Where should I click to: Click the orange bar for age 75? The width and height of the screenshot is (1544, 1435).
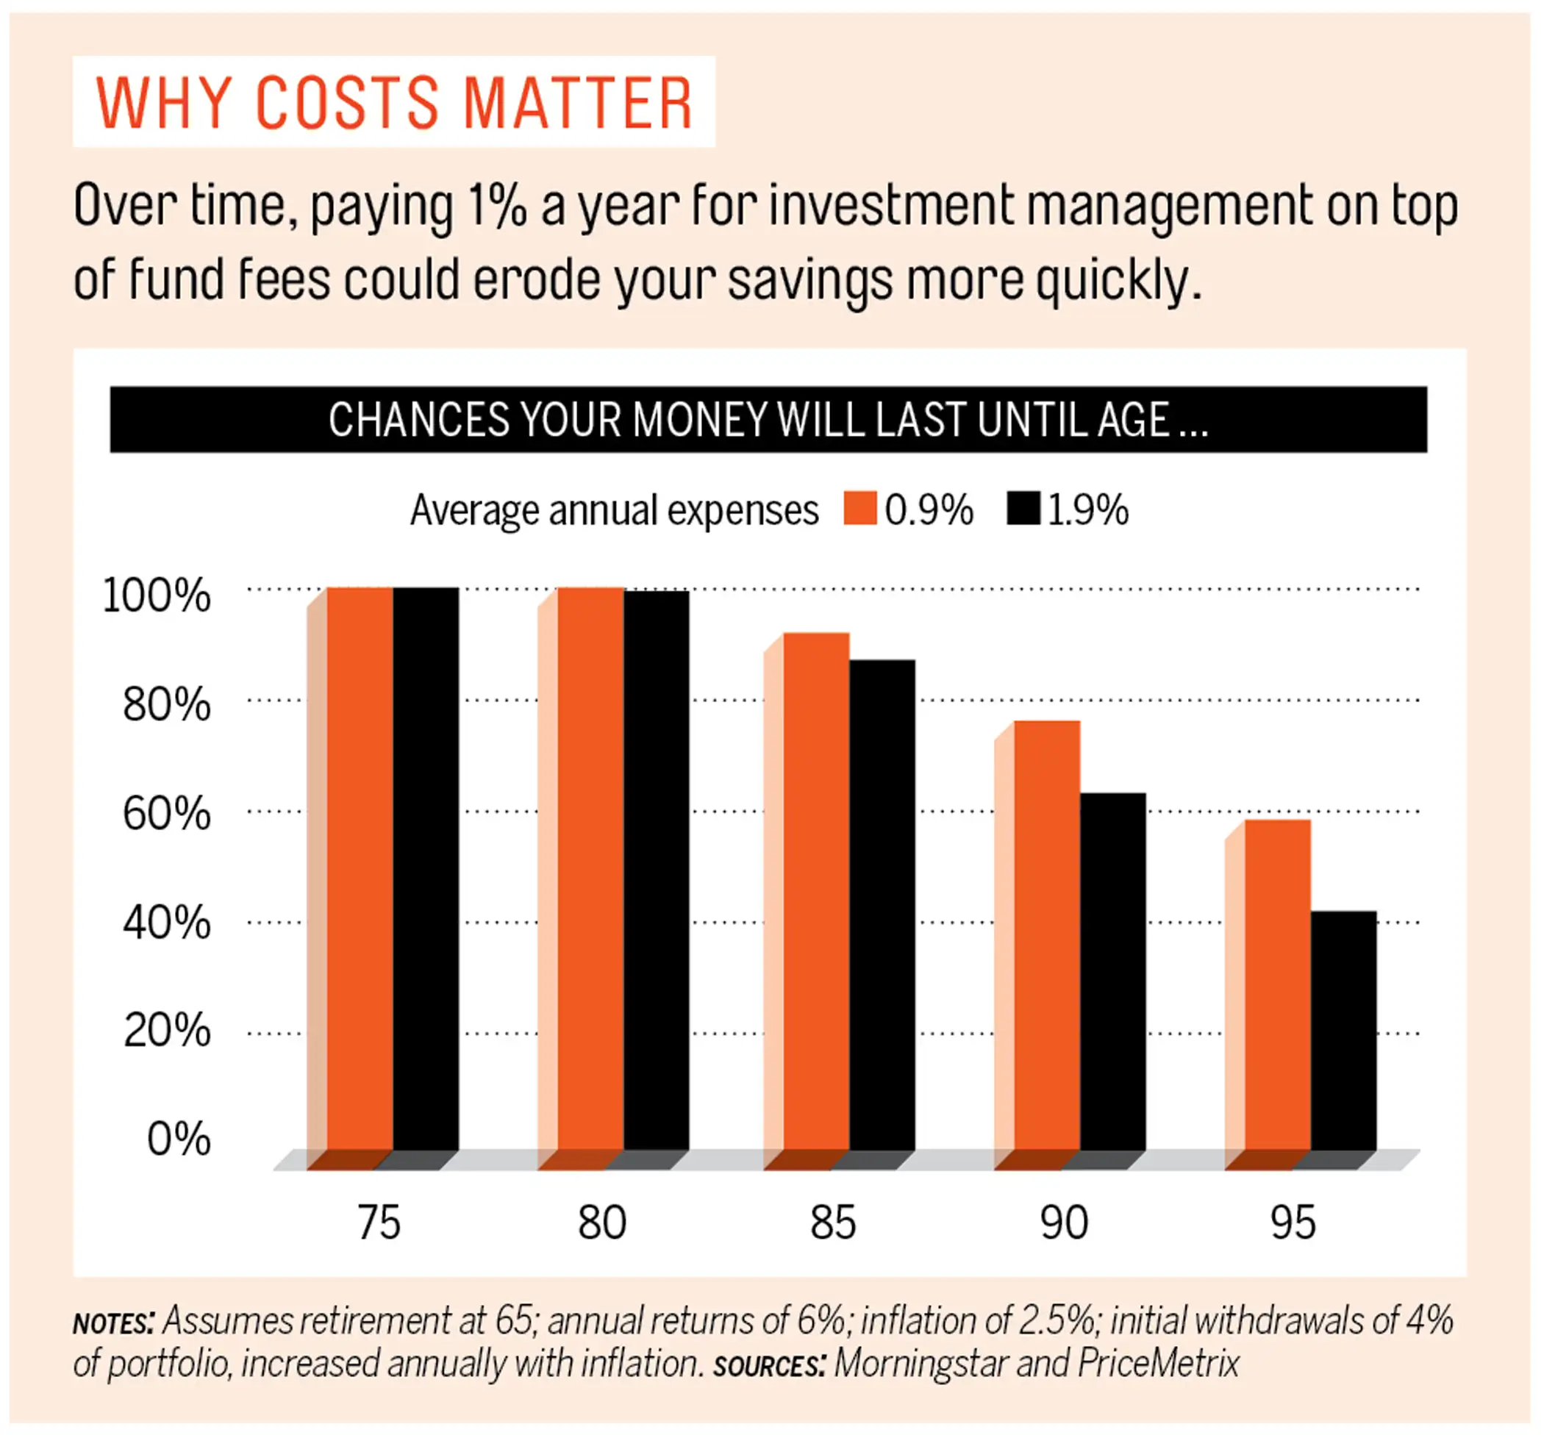[x=360, y=870]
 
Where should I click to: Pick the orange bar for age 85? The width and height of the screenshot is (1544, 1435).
[x=816, y=893]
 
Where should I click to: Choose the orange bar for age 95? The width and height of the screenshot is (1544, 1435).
[x=1278, y=986]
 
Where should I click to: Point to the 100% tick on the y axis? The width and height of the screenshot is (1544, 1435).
[x=156, y=596]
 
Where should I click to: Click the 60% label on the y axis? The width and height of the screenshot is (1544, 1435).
[x=166, y=815]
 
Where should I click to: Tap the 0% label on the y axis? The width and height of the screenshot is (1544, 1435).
[x=179, y=1139]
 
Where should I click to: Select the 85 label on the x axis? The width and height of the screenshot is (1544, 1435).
[x=832, y=1223]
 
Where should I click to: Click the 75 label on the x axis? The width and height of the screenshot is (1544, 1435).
[x=379, y=1223]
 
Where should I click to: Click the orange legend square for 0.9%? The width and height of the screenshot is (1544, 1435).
[x=859, y=509]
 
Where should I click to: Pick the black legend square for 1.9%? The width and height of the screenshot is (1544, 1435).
[x=1023, y=509]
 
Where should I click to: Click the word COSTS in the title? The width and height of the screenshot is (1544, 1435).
[x=347, y=103]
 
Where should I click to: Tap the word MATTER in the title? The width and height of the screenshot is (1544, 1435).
[x=576, y=103]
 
